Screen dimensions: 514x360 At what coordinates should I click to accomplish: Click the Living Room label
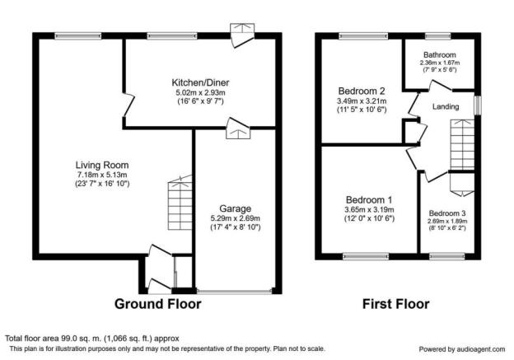click(x=102, y=165)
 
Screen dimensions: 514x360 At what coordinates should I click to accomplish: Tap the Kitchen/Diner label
click(x=200, y=82)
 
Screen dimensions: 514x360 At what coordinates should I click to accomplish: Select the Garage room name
click(x=235, y=208)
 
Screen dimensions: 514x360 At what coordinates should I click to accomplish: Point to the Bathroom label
click(x=440, y=54)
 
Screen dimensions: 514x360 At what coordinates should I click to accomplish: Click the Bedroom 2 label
click(x=362, y=91)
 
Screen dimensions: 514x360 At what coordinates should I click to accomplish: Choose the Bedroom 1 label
click(x=369, y=199)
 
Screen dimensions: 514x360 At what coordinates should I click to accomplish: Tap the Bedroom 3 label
click(x=447, y=213)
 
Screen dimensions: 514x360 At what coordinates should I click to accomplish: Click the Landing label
click(x=446, y=106)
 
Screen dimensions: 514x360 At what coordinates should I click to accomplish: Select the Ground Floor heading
click(x=157, y=304)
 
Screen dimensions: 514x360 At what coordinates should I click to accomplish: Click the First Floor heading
click(x=395, y=304)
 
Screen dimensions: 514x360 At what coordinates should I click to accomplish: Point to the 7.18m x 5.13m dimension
click(x=102, y=175)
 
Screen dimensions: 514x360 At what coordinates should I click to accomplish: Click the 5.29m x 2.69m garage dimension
click(x=236, y=218)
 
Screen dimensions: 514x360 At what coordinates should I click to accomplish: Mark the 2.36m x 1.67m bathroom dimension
click(x=440, y=63)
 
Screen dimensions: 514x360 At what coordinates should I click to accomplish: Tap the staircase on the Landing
click(x=462, y=145)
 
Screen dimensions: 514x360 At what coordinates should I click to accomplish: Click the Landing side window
click(x=478, y=105)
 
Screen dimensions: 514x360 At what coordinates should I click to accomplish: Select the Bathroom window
click(x=438, y=36)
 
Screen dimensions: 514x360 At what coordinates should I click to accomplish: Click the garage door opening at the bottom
click(x=235, y=291)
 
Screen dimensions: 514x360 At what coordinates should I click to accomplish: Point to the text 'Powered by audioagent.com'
click(x=462, y=349)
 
